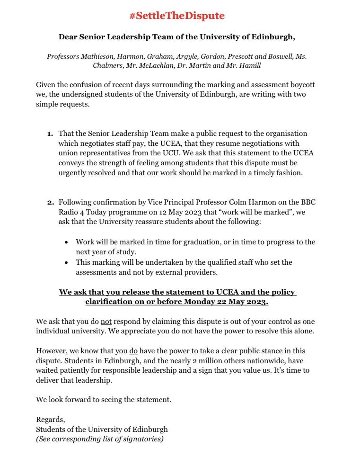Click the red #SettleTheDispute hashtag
point(177,16)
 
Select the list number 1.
point(50,134)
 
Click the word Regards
point(50,420)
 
